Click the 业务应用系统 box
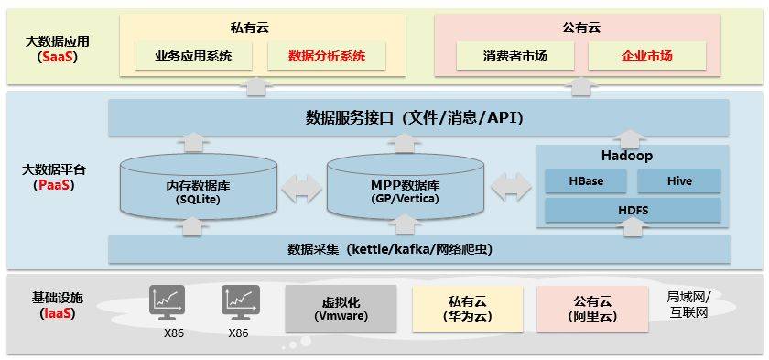click(193, 56)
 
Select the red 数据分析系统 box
click(327, 56)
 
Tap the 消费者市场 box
click(514, 56)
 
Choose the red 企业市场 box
click(647, 56)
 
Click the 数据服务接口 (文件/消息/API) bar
click(418, 118)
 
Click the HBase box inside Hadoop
click(586, 181)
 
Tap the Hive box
click(679, 181)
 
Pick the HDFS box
click(634, 211)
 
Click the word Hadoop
click(627, 156)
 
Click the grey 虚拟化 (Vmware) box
click(341, 309)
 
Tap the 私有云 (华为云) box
click(468, 309)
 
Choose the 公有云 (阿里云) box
click(592, 309)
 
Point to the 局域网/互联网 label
click(688, 304)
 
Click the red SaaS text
click(58, 57)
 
